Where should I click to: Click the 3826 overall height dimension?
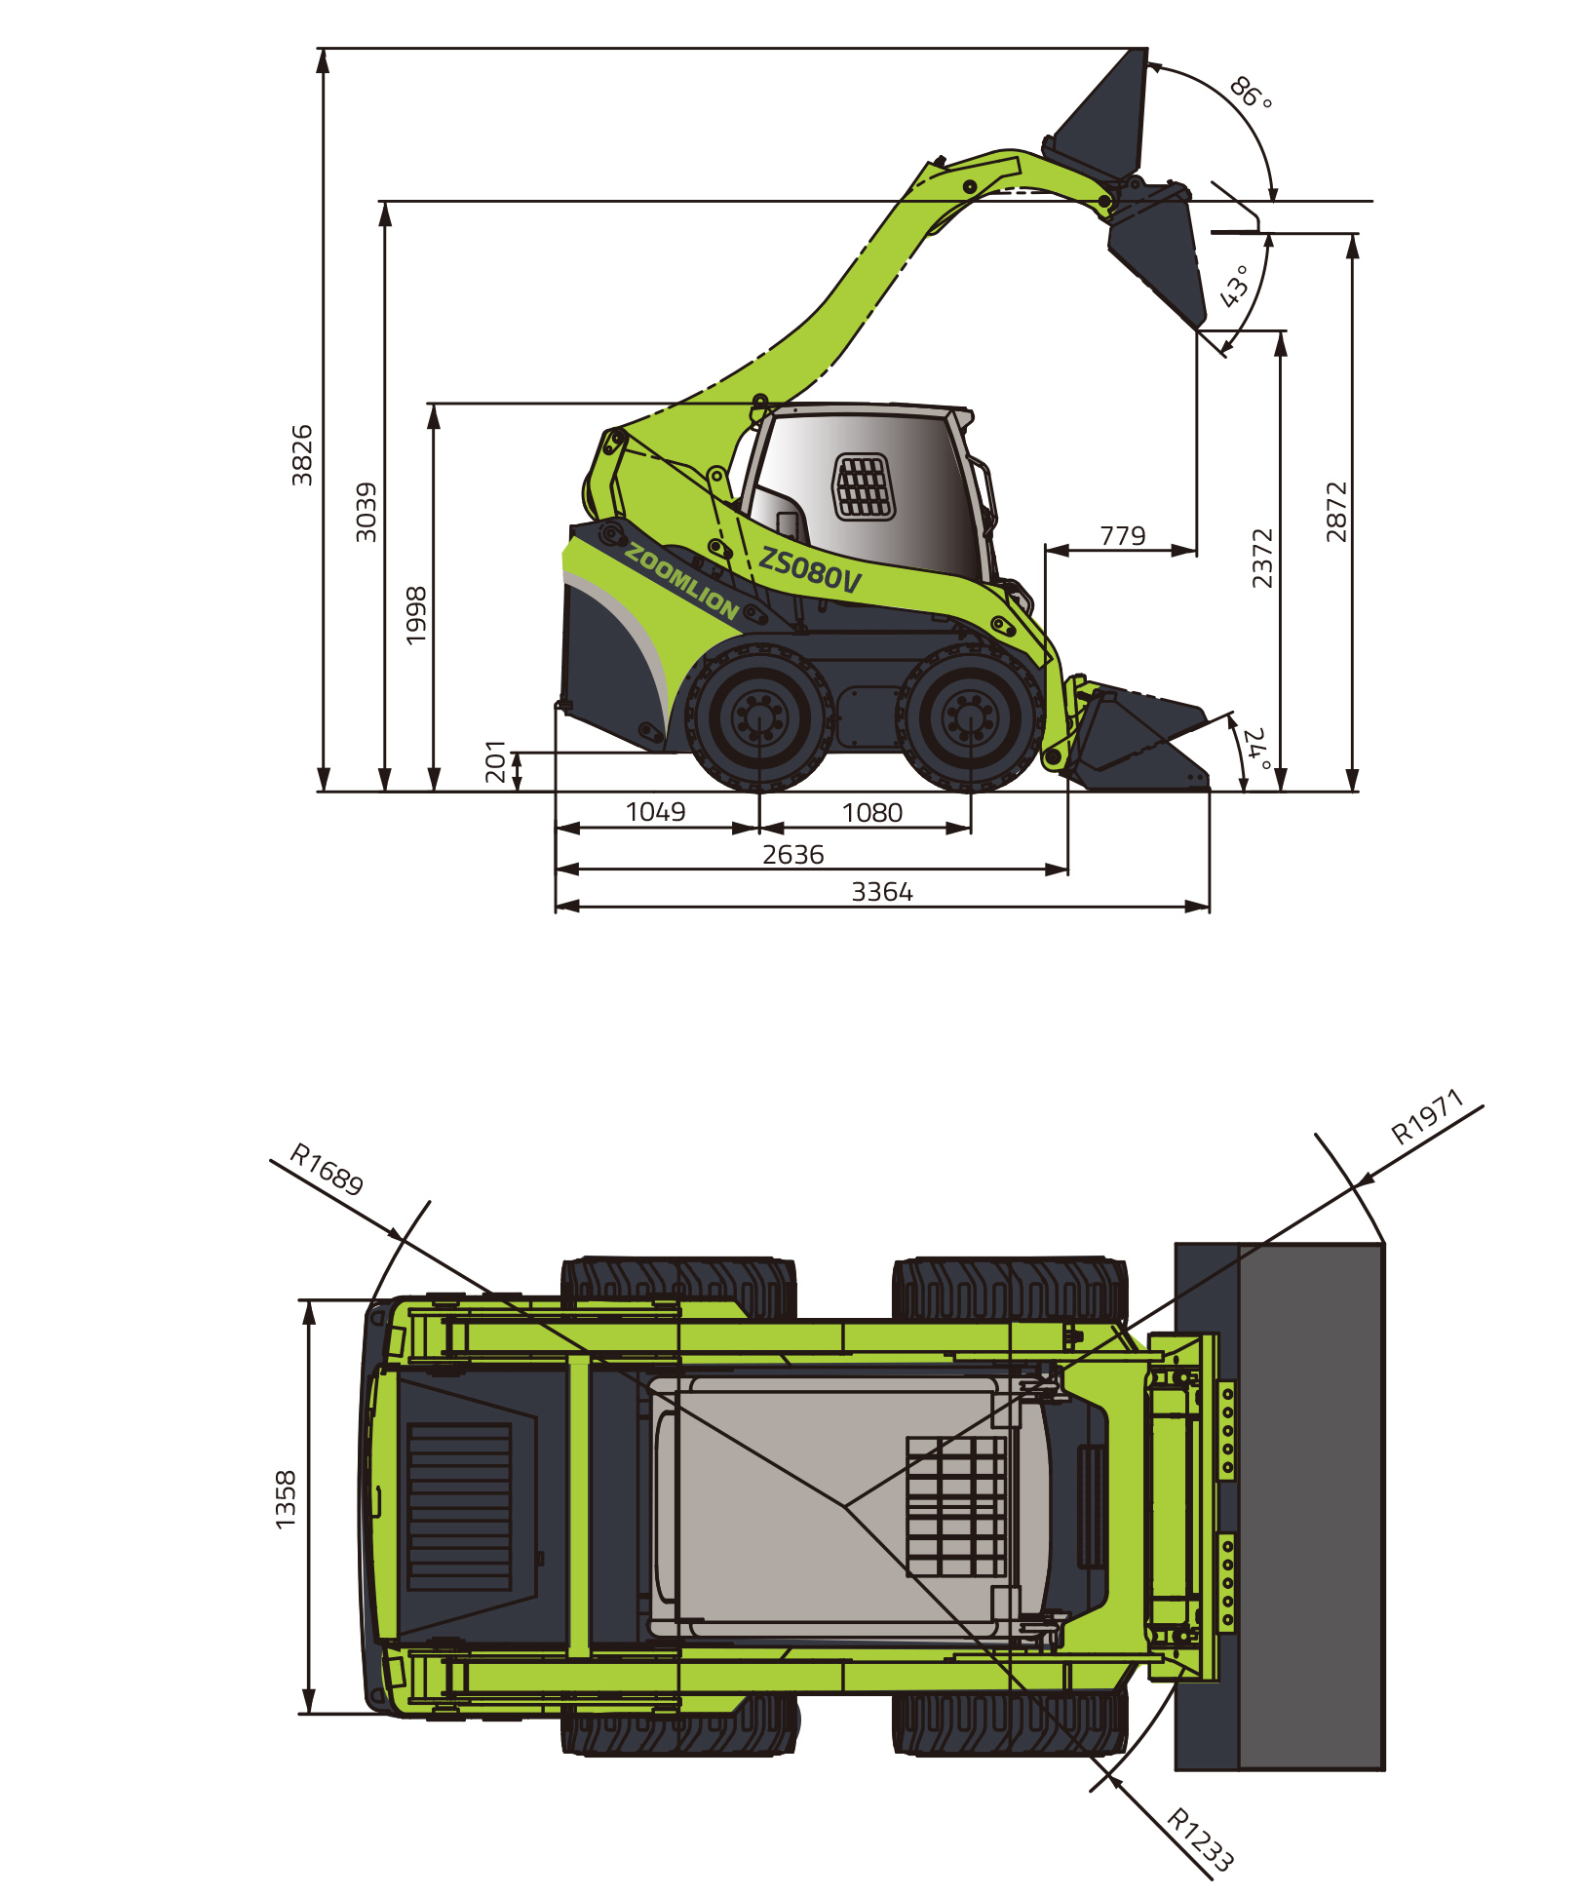[x=302, y=455]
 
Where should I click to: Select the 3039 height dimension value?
[x=366, y=512]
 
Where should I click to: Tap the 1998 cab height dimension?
[x=416, y=615]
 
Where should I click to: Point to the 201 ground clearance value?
[x=496, y=761]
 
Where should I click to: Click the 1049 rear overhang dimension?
[x=655, y=812]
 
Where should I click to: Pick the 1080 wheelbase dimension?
[x=872, y=813]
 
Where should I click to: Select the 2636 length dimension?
[x=793, y=855]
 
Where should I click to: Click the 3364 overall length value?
[x=882, y=892]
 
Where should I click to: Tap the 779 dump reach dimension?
[x=1123, y=536]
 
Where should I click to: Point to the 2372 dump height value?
[x=1262, y=559]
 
